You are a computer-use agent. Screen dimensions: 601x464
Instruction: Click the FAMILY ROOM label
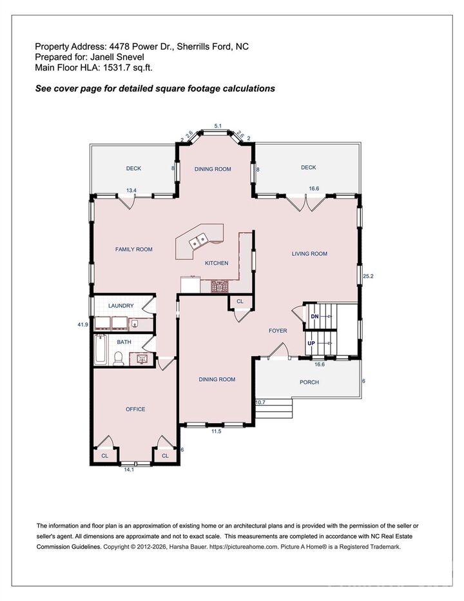pyautogui.click(x=133, y=249)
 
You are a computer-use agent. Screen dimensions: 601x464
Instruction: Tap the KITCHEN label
pyautogui.click(x=217, y=263)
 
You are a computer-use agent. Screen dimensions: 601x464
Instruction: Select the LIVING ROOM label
pyautogui.click(x=309, y=254)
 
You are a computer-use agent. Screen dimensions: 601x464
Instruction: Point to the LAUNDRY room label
pyautogui.click(x=121, y=306)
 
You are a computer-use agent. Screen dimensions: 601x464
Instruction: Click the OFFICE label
pyautogui.click(x=135, y=409)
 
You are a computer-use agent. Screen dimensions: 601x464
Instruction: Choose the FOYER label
pyautogui.click(x=278, y=331)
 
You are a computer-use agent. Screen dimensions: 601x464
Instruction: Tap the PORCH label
pyautogui.click(x=309, y=382)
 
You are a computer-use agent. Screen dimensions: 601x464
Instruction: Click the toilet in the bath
pyautogui.click(x=119, y=358)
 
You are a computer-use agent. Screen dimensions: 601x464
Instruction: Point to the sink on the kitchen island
pyautogui.click(x=198, y=241)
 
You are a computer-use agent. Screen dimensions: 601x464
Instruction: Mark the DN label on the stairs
pyautogui.click(x=314, y=317)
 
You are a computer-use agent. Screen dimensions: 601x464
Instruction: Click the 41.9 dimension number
pyautogui.click(x=82, y=324)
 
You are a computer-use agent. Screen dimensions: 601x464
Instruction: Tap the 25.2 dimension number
pyautogui.click(x=368, y=276)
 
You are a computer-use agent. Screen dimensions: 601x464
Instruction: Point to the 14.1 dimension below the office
pyautogui.click(x=129, y=470)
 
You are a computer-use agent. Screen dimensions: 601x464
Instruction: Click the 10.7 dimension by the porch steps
pyautogui.click(x=260, y=402)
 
